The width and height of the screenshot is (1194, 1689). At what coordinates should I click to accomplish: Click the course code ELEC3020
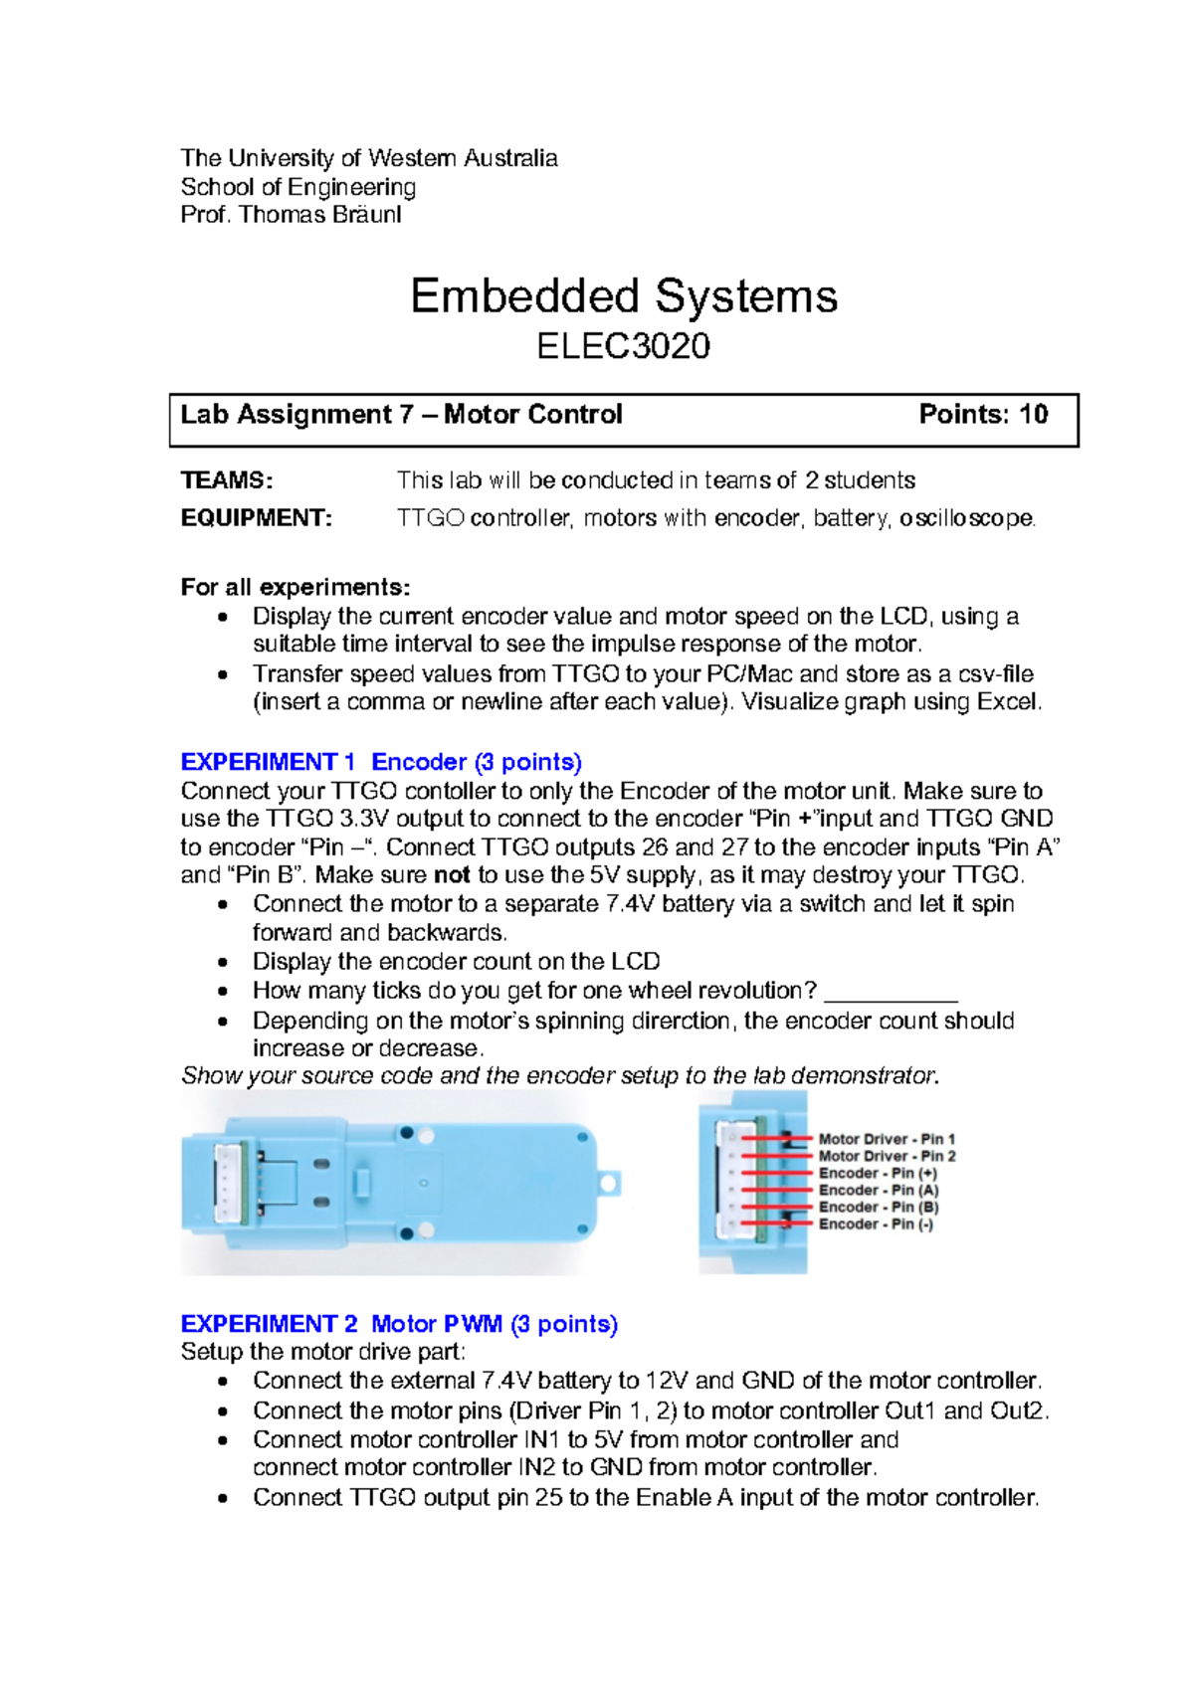click(x=623, y=346)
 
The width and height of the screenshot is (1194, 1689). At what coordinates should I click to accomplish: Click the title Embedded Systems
click(x=624, y=295)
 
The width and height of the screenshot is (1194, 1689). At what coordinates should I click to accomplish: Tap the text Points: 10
click(x=983, y=414)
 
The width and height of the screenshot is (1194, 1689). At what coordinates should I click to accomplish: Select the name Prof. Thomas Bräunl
click(x=291, y=215)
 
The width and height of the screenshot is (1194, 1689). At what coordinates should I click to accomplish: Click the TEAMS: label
click(x=226, y=480)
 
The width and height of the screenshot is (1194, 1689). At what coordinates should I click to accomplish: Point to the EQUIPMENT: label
click(x=256, y=518)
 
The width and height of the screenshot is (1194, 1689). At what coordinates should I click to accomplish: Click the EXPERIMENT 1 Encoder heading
click(x=381, y=762)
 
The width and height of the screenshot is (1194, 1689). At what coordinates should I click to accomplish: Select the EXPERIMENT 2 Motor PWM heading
click(x=399, y=1324)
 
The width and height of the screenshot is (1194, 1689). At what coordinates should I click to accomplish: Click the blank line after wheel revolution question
click(x=892, y=993)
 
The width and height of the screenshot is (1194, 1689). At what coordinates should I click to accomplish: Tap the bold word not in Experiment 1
click(x=452, y=875)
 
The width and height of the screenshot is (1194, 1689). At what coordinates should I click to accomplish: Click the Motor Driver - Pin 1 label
click(x=887, y=1139)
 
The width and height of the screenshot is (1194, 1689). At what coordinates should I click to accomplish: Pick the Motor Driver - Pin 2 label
click(x=887, y=1156)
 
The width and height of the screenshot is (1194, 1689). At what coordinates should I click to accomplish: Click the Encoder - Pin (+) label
click(x=878, y=1173)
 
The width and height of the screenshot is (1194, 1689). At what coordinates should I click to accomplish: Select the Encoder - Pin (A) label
click(x=879, y=1190)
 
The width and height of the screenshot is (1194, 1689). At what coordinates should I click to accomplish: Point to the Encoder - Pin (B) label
click(x=879, y=1207)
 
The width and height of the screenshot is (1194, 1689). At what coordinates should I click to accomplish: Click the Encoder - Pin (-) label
click(x=876, y=1223)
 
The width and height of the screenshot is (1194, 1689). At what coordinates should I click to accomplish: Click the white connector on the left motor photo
click(x=230, y=1183)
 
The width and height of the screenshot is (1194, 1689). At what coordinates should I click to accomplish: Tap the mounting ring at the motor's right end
click(x=609, y=1183)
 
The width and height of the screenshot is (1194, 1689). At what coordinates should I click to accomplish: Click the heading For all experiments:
click(x=296, y=587)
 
